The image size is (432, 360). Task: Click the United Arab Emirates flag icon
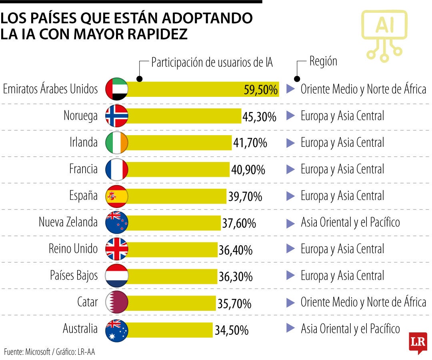(x=116, y=89)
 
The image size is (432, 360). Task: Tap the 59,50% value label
(x=261, y=90)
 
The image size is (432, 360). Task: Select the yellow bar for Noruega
(x=184, y=116)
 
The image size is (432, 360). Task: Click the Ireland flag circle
(x=116, y=142)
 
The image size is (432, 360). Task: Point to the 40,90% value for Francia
(x=248, y=170)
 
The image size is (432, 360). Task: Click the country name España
(x=83, y=196)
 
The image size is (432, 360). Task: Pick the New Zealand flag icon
(x=116, y=222)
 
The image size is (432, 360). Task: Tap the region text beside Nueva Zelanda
(x=350, y=222)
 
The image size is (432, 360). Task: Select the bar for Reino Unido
(x=172, y=249)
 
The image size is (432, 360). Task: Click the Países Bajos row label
(x=74, y=276)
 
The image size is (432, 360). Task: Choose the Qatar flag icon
(x=116, y=302)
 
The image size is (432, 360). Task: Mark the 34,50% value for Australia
(x=231, y=330)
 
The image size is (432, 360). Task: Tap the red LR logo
(x=418, y=342)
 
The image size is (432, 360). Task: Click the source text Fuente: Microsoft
(x=27, y=352)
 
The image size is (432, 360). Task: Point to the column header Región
(x=323, y=61)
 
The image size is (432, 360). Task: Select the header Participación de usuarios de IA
(x=212, y=63)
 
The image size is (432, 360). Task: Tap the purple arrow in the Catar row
(x=290, y=302)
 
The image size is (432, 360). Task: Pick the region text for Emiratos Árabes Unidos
(x=363, y=89)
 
